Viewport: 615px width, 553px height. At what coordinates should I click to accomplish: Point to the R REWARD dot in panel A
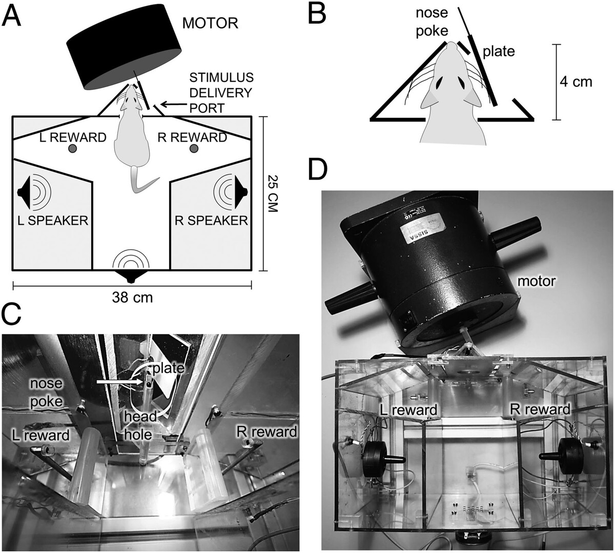coord(194,148)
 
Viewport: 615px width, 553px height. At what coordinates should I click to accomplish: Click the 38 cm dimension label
coord(132,297)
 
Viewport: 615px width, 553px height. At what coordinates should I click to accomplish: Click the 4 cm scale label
coord(576,81)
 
